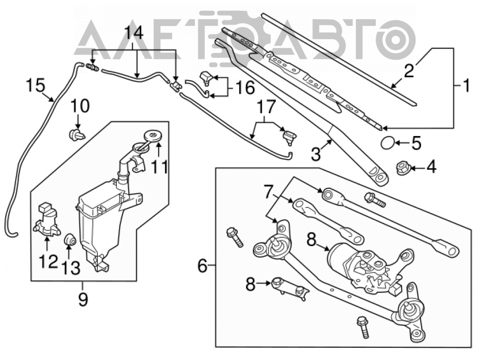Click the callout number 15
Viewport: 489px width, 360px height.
point(36,85)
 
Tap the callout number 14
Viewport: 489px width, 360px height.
point(134,32)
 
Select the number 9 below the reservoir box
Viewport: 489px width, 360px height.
point(83,299)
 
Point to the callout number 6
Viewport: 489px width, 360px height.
point(202,266)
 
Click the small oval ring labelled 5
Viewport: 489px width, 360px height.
point(387,143)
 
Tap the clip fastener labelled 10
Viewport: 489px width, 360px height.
point(76,135)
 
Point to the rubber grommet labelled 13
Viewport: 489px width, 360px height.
point(70,240)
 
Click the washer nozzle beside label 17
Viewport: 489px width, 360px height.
point(289,136)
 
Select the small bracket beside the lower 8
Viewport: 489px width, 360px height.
point(290,289)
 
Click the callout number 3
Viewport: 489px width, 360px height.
point(316,154)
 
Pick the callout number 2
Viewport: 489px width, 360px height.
point(409,70)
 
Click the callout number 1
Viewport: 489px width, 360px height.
point(466,85)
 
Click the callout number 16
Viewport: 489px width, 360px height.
point(245,88)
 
